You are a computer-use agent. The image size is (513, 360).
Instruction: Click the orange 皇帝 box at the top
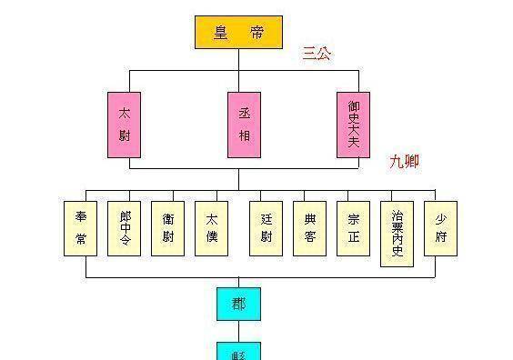tap(238, 32)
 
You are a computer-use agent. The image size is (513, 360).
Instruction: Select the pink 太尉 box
tap(124, 124)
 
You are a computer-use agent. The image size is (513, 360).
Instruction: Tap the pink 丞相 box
tap(244, 124)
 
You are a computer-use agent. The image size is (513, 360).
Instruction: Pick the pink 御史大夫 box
tap(353, 124)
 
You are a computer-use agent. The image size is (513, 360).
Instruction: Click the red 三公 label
tap(317, 54)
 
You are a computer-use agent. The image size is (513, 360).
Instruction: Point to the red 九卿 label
tap(404, 161)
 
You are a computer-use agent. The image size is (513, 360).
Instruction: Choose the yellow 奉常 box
tap(80, 227)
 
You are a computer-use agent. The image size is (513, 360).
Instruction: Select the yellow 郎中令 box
tap(124, 227)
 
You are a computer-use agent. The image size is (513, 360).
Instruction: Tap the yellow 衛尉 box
tap(167, 227)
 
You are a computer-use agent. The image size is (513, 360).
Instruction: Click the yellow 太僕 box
tap(211, 227)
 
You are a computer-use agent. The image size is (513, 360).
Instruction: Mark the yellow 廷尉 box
tap(266, 227)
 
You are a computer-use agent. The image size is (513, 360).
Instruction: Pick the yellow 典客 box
tap(309, 227)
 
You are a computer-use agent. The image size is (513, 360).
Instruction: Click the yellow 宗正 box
tap(353, 227)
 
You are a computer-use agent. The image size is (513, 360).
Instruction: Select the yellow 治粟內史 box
tap(397, 234)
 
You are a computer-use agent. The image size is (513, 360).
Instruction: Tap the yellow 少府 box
tap(440, 227)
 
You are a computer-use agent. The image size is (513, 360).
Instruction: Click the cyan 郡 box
tap(238, 303)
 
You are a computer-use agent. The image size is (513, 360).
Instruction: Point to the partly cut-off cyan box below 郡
tap(238, 351)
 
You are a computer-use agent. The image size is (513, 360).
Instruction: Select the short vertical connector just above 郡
tap(239, 282)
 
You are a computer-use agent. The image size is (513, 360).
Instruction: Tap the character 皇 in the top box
tap(221, 32)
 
